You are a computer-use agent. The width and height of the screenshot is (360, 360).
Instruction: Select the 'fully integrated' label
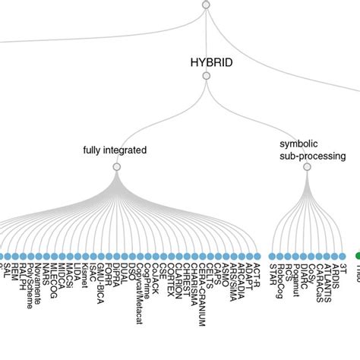[x=115, y=150]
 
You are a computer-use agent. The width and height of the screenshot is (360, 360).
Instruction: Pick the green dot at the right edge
[x=356, y=257]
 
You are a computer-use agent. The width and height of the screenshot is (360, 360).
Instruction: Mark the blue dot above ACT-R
[x=257, y=257]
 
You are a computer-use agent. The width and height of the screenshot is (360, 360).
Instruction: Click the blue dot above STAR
[x=272, y=257]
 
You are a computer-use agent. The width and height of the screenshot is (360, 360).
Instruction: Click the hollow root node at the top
[x=204, y=5]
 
